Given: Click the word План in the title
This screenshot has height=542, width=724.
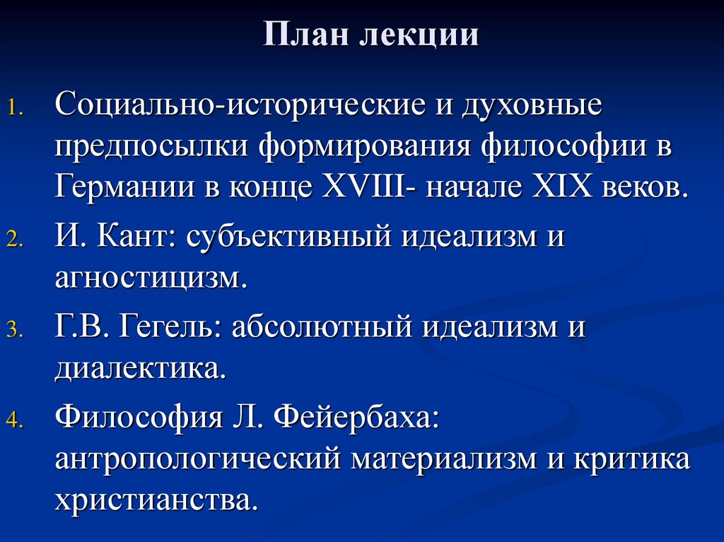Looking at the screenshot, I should click(306, 35).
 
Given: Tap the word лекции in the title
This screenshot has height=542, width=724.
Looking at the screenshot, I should click(421, 36).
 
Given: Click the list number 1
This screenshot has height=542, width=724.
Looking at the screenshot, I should click(16, 110).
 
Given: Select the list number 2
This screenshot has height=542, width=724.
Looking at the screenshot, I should click(16, 240).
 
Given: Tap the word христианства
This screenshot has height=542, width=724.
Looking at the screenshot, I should click(153, 500).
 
